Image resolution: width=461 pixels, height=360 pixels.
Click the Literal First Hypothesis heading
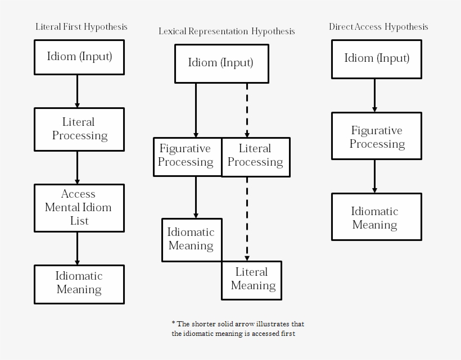82,26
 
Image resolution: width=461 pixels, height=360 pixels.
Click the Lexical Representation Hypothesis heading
227,31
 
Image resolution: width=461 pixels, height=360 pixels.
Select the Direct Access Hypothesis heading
378,26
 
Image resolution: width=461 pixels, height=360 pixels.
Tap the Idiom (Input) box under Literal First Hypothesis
79,57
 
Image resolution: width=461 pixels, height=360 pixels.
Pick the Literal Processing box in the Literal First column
79,129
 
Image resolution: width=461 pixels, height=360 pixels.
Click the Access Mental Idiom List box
79,207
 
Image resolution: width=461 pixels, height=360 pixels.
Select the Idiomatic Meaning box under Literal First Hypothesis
79,284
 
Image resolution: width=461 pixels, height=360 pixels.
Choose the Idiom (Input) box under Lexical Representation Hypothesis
222,63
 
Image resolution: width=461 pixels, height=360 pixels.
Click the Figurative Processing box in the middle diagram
187,156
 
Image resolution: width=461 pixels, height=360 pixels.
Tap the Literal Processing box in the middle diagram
256,156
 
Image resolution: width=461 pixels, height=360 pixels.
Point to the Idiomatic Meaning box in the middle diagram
192,239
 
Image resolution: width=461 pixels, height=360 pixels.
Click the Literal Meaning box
252,279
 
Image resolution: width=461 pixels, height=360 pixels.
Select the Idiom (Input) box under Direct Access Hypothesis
377,58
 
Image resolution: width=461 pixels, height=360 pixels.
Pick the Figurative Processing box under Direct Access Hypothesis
377,138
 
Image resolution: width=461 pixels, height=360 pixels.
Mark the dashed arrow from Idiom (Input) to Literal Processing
247,110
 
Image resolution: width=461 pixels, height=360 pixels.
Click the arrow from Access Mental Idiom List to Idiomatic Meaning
77,248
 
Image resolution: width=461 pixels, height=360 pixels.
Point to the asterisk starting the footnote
173,323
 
